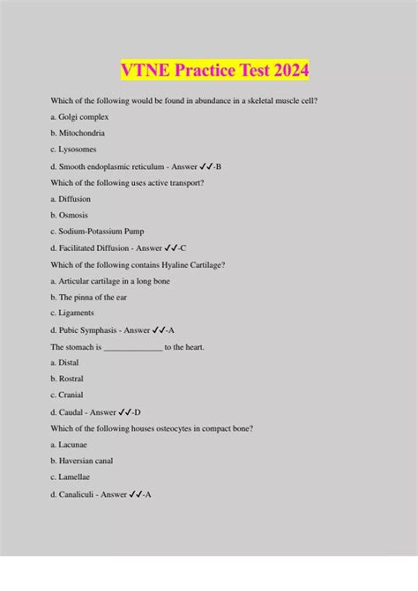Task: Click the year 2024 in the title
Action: tap(287, 70)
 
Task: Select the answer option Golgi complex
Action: tap(80, 116)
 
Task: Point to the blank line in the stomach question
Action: tap(133, 347)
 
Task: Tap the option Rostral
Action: tap(72, 379)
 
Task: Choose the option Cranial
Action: tap(72, 395)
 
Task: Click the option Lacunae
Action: tap(73, 445)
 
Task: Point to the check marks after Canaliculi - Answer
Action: tap(136, 494)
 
